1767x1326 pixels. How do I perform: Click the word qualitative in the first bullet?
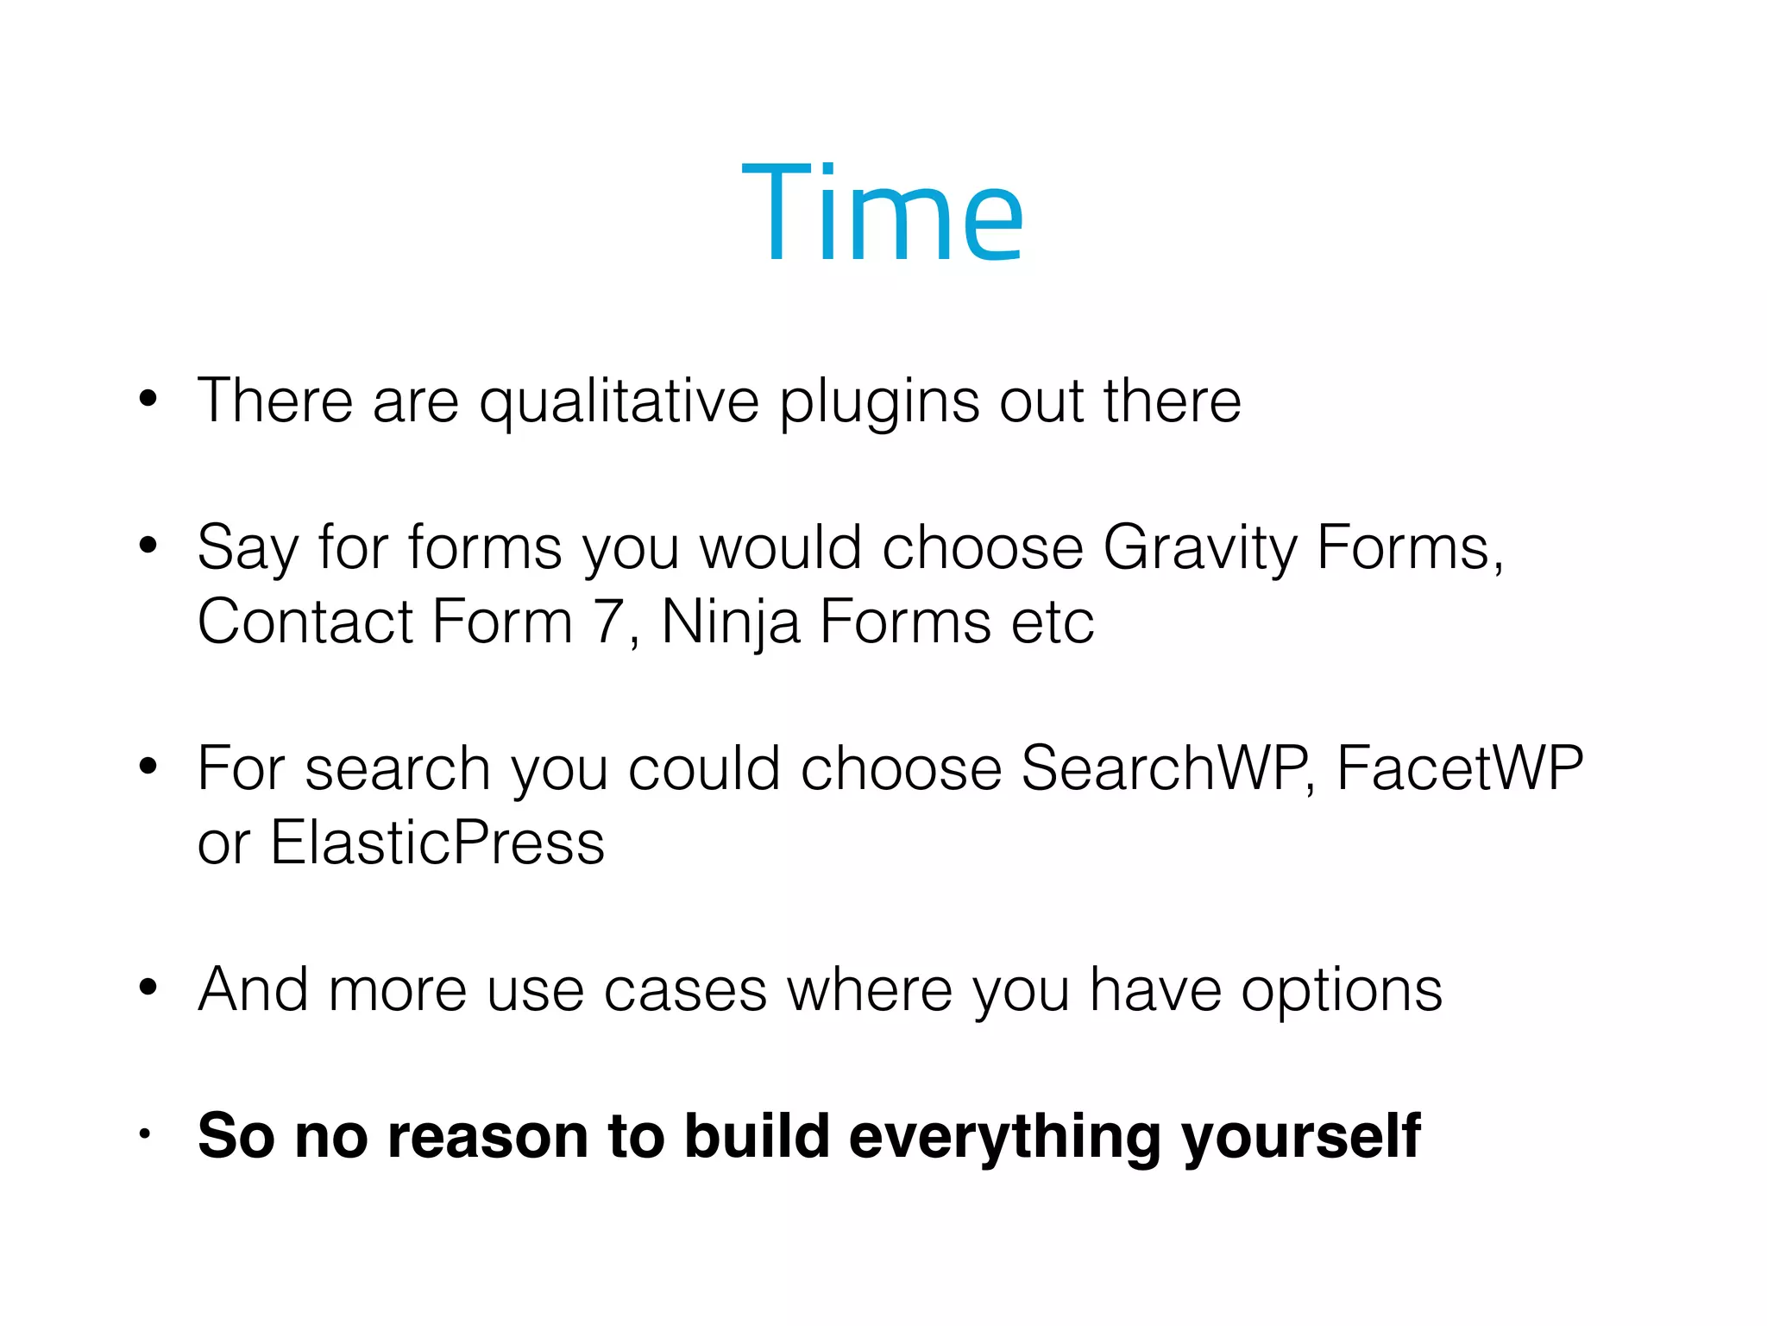pos(619,402)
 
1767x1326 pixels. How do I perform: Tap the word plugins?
pos(879,402)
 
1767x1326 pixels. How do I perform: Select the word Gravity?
pos(1199,549)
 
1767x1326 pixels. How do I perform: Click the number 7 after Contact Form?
pos(610,622)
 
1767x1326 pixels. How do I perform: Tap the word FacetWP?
pos(1460,768)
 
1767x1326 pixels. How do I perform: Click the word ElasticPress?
pos(437,843)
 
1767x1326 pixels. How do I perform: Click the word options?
pos(1341,991)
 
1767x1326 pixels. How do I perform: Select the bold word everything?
pos(1005,1137)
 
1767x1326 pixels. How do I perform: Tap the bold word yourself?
pos(1301,1137)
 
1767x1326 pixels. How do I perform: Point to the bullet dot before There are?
pos(148,399)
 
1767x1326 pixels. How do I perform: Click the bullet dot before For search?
pos(148,766)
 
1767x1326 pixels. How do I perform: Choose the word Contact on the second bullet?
pos(305,622)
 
